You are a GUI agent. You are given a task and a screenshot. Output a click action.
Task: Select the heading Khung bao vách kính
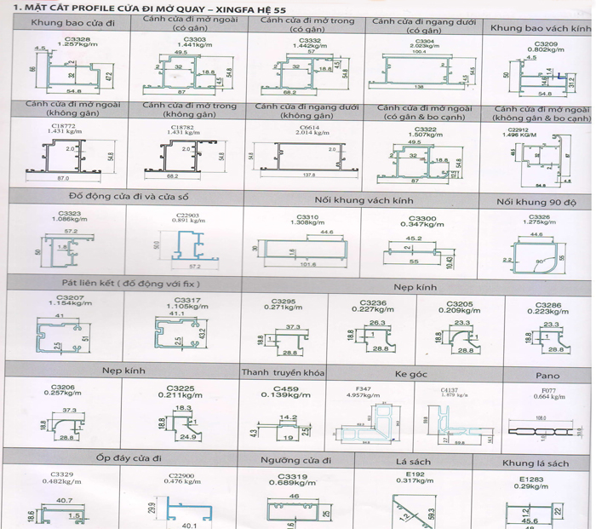[x=539, y=28]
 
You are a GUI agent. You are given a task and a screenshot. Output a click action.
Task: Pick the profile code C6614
[x=308, y=124]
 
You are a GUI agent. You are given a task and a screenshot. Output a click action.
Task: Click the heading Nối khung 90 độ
[x=541, y=202]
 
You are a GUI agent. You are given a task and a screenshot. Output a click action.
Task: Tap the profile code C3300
[x=415, y=218]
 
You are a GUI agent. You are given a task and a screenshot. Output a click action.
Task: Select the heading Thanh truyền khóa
[x=284, y=372]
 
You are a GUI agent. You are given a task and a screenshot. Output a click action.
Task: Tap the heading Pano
[x=547, y=374]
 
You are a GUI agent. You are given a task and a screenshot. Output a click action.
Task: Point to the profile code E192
[x=415, y=474]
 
